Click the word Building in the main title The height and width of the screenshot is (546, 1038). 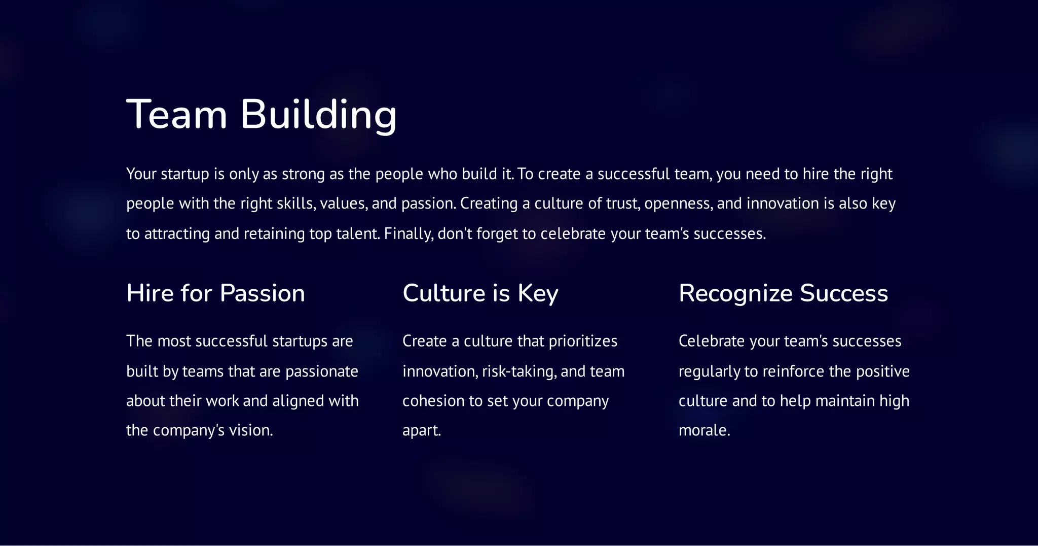coord(318,115)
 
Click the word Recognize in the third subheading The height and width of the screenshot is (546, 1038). coord(735,294)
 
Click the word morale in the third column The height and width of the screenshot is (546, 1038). coord(703,431)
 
